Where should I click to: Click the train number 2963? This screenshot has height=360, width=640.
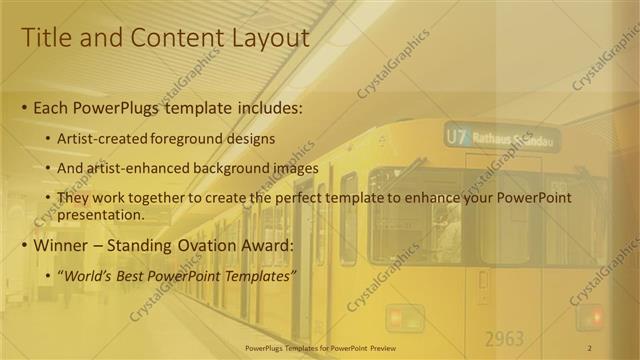point(505,338)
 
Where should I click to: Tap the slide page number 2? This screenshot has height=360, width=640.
point(590,347)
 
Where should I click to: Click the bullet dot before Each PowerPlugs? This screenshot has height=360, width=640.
point(24,107)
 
